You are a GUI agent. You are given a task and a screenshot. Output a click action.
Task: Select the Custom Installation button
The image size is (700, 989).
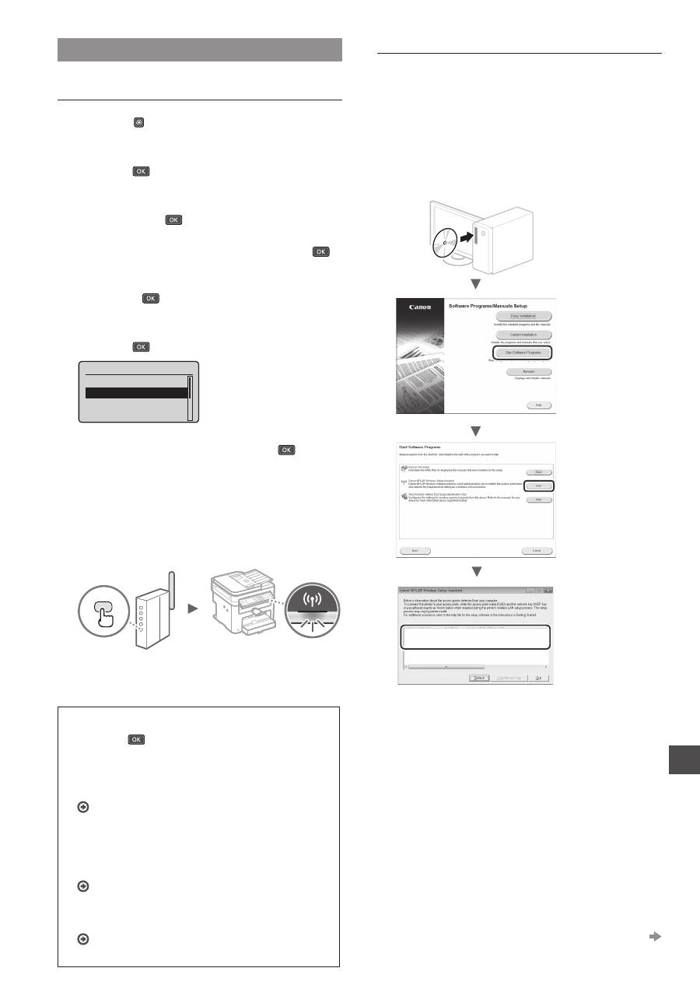[x=523, y=335]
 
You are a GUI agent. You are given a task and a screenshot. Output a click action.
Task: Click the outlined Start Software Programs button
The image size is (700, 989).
[x=523, y=352]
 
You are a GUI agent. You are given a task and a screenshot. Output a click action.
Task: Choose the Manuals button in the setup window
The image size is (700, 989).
[x=523, y=372]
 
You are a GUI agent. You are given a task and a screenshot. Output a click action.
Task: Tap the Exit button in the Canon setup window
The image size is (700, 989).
[x=537, y=405]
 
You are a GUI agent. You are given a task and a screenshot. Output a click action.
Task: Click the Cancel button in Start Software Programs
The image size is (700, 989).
[x=536, y=550]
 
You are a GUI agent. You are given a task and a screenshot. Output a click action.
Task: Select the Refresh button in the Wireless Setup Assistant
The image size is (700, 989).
[x=480, y=678]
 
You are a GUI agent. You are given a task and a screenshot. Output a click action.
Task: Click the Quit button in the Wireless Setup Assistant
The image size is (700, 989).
[x=537, y=678]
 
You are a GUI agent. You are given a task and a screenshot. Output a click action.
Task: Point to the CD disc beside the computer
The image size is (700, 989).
[x=441, y=242]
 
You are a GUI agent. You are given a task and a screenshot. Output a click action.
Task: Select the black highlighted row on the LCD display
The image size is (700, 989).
[x=136, y=393]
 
